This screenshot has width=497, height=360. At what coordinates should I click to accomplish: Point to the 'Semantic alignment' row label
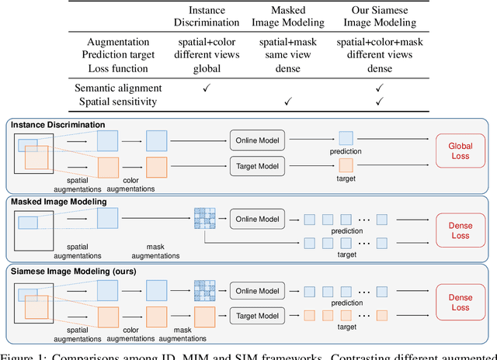(117, 88)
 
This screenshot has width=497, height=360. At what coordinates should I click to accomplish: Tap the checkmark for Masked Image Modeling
(287, 101)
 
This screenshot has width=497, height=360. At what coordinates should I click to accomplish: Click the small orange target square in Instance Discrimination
(346, 164)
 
